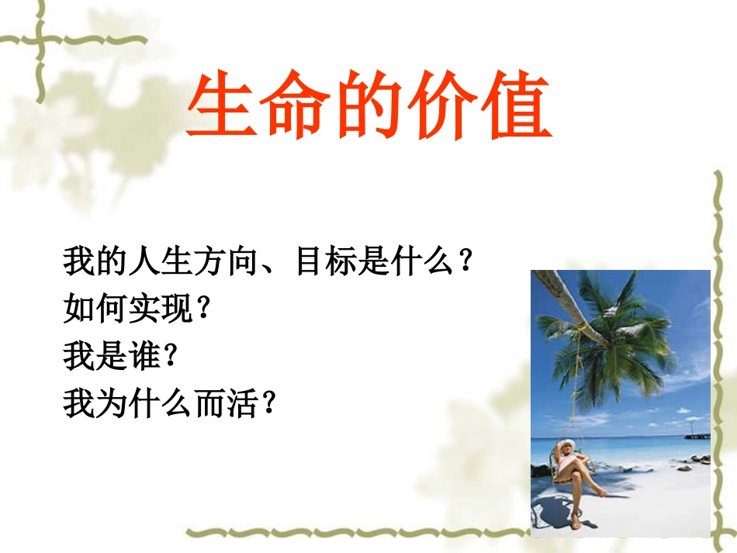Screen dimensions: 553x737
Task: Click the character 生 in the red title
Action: pyautogui.click(x=223, y=107)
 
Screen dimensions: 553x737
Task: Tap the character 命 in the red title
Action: pyautogui.click(x=296, y=107)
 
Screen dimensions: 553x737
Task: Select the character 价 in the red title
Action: pyautogui.click(x=443, y=107)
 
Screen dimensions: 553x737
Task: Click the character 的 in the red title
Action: pyautogui.click(x=370, y=107)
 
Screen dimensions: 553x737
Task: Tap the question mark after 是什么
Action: pyautogui.click(x=464, y=264)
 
